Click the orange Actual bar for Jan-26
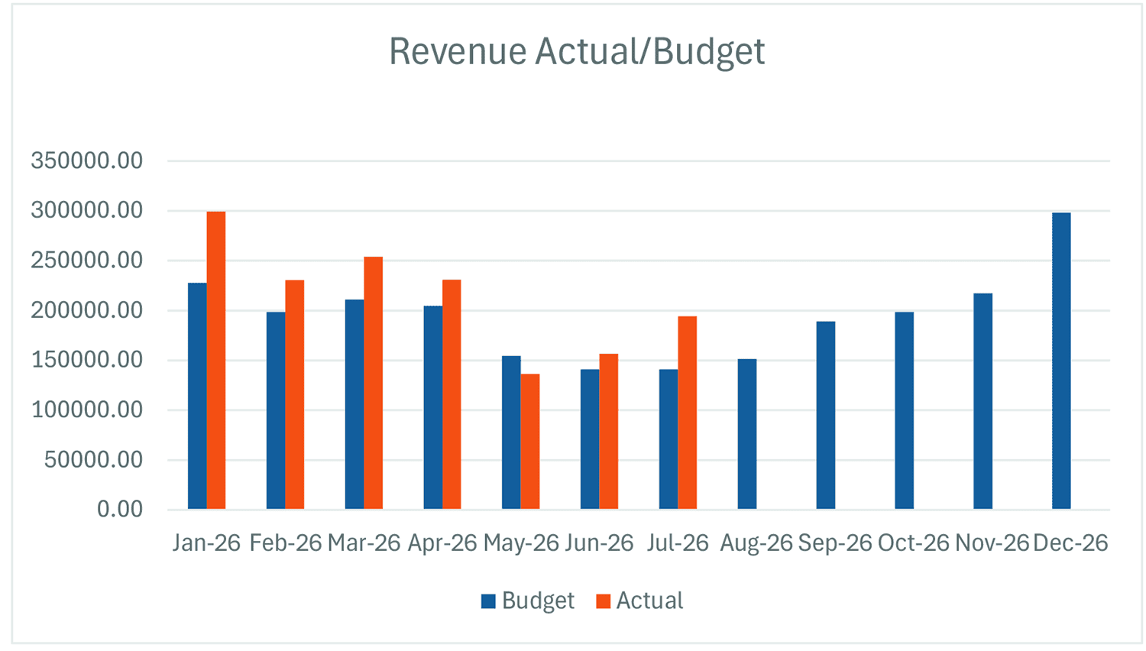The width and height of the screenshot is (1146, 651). click(x=216, y=361)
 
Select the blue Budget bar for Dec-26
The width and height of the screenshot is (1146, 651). click(x=1061, y=361)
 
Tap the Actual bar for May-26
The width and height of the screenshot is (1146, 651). click(x=530, y=442)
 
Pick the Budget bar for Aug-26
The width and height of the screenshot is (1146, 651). click(x=747, y=434)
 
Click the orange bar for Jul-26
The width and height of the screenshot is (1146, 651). click(x=687, y=413)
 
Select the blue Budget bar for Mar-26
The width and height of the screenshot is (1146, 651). click(x=354, y=404)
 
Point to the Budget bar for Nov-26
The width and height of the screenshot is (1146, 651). click(x=983, y=401)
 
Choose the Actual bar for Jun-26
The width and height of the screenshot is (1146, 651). click(x=608, y=432)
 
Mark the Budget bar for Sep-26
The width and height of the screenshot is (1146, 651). click(x=826, y=415)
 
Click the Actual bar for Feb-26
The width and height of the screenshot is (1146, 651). click(x=295, y=394)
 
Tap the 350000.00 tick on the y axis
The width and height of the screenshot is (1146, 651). click(x=86, y=160)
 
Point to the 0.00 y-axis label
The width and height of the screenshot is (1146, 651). click(x=120, y=509)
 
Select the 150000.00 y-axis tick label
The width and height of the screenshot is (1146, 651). click(x=86, y=360)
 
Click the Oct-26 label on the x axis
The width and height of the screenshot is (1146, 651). click(x=913, y=542)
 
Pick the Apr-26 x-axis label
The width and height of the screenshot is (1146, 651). click(x=442, y=542)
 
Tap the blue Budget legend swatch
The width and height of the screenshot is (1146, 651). click(x=489, y=601)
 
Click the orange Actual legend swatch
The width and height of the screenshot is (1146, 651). click(x=604, y=601)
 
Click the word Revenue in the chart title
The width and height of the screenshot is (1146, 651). click(x=458, y=51)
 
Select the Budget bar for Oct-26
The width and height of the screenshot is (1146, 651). click(x=904, y=410)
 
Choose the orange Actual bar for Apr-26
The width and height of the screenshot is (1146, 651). click(x=452, y=394)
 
